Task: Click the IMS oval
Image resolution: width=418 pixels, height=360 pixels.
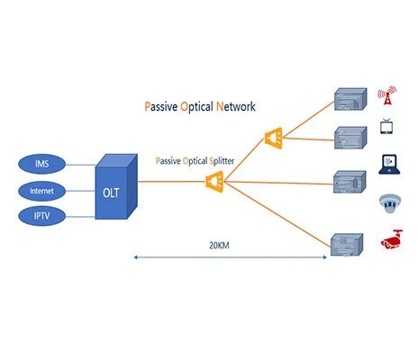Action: [x=41, y=164]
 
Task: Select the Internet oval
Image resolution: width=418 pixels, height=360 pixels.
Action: [x=41, y=191]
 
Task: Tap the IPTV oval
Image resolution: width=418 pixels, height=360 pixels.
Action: [x=41, y=216]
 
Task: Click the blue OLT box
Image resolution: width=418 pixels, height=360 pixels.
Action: [x=116, y=186]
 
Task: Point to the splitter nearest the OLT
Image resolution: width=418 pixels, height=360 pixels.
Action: [x=214, y=182]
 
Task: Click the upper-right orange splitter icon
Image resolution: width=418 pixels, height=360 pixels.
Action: [x=274, y=138]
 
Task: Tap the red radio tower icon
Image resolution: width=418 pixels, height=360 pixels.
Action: [x=387, y=95]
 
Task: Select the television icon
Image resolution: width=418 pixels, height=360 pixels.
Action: [x=386, y=126]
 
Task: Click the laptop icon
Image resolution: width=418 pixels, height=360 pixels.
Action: [x=389, y=165]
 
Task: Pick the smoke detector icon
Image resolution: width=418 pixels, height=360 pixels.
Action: [x=390, y=203]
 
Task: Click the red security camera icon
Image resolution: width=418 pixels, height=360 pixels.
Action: [x=392, y=239]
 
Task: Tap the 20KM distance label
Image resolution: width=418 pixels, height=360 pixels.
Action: [x=219, y=246]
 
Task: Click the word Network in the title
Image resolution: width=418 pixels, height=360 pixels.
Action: [x=236, y=106]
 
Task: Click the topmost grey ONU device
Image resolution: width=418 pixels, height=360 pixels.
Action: [x=350, y=99]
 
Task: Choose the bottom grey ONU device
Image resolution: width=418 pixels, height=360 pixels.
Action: [x=347, y=245]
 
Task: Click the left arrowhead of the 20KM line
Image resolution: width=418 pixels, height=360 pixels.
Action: [x=135, y=257]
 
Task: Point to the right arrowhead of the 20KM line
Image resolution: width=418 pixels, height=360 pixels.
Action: [x=324, y=257]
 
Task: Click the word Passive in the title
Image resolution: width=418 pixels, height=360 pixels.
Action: [x=161, y=107]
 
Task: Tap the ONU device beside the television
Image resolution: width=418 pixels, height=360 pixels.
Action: [x=350, y=138]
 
